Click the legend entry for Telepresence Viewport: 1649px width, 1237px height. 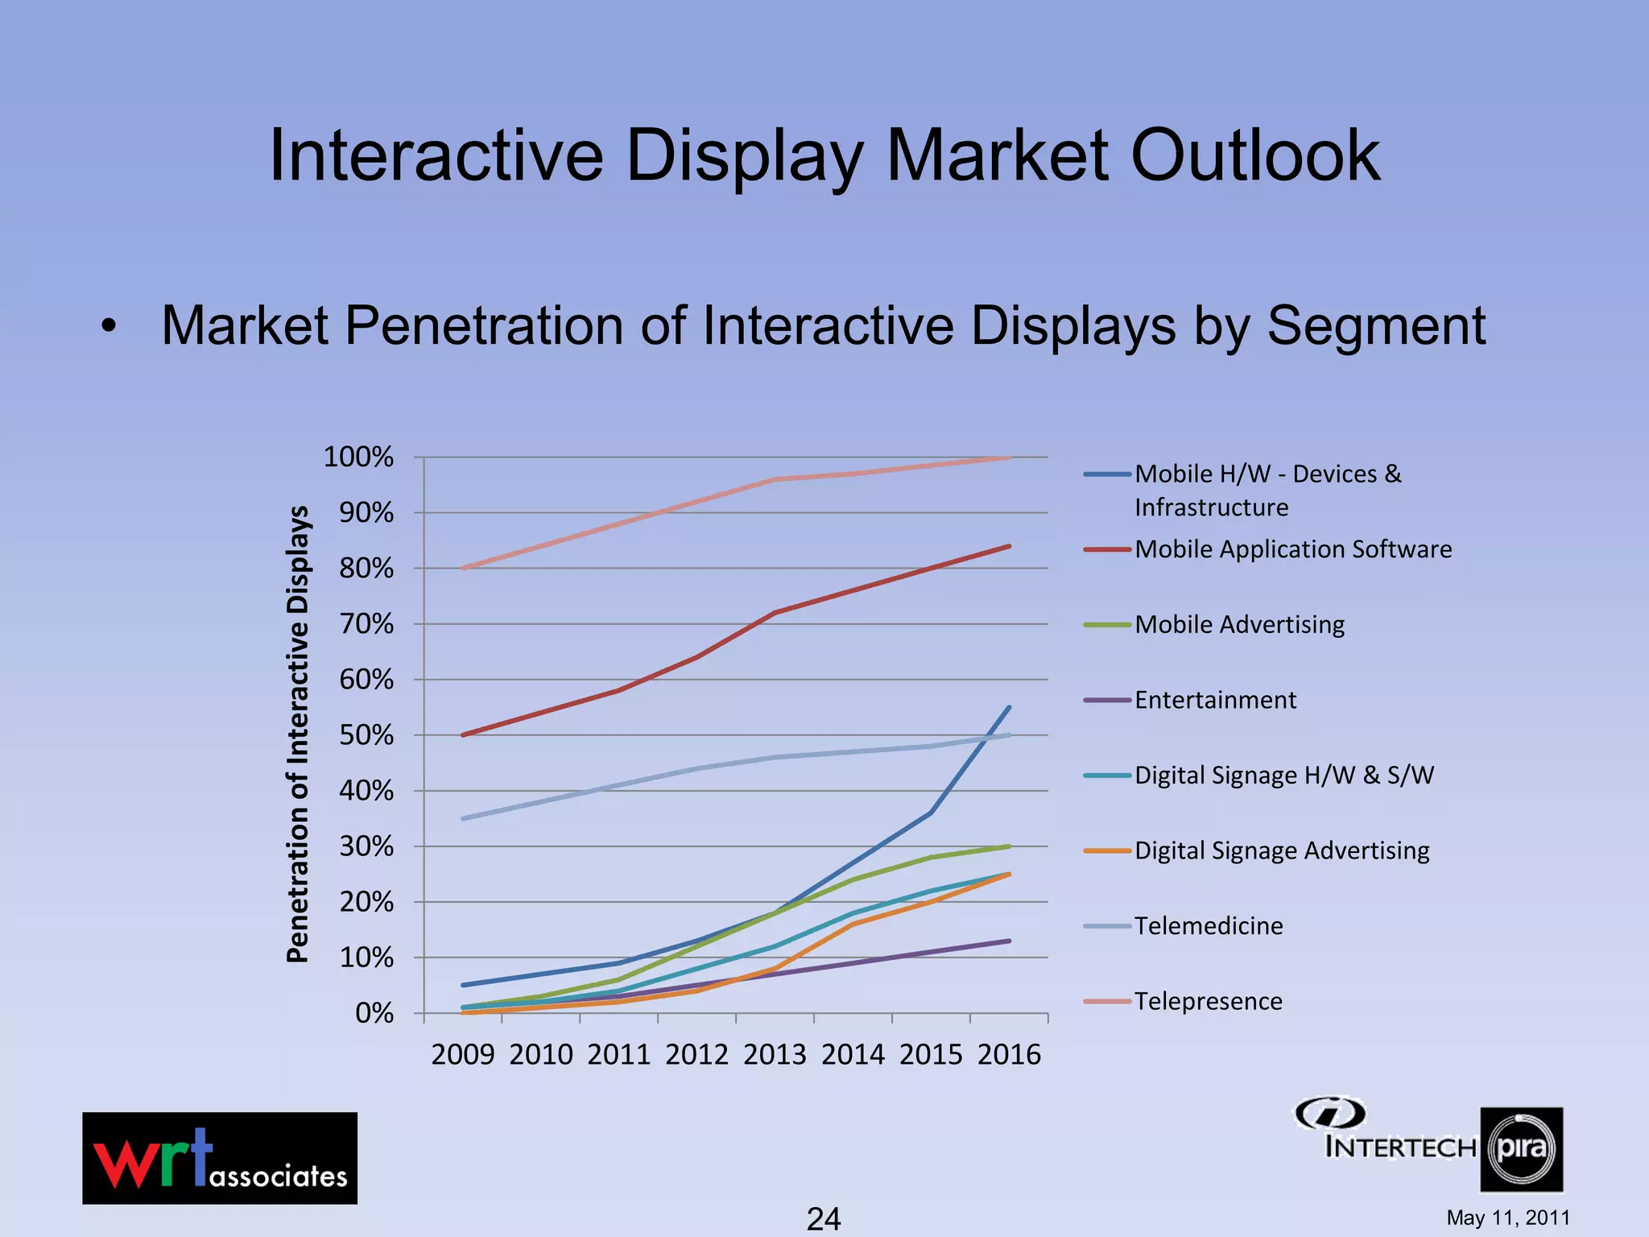click(x=1208, y=1001)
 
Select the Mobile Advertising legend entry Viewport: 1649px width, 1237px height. click(x=1239, y=624)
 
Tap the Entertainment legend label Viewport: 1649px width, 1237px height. click(x=1215, y=700)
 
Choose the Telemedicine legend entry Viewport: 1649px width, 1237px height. click(x=1208, y=925)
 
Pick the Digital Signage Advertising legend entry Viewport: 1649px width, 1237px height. click(x=1282, y=850)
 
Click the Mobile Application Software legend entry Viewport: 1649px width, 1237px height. click(x=1293, y=549)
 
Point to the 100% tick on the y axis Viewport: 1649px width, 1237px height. click(x=358, y=457)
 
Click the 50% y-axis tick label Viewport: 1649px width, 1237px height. click(x=366, y=735)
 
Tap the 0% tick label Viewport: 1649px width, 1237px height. click(x=374, y=1013)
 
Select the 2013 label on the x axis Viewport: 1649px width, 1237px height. click(x=775, y=1054)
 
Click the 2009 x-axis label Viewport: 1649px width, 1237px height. click(x=463, y=1054)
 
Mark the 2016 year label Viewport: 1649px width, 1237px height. click(x=1009, y=1054)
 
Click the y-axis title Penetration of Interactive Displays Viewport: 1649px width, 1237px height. click(x=298, y=734)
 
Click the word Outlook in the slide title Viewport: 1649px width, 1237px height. click(x=1255, y=155)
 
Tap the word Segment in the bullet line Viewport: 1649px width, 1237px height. click(x=1376, y=326)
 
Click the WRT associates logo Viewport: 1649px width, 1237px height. click(x=220, y=1158)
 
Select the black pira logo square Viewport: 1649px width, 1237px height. click(x=1521, y=1149)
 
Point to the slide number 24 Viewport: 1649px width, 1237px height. click(x=824, y=1218)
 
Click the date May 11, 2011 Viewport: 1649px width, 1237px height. click(x=1508, y=1218)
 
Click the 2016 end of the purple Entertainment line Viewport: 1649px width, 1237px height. click(x=1008, y=941)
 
